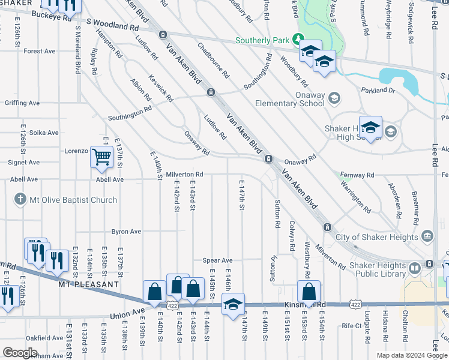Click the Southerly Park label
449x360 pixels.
(262, 41)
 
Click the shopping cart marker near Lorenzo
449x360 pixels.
(101, 157)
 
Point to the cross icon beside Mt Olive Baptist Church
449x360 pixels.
(20, 200)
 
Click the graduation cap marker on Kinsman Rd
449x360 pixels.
(233, 304)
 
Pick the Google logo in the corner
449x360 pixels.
(20, 353)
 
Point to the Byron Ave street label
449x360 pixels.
(126, 232)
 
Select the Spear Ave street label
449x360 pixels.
(217, 260)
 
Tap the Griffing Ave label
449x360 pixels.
(22, 103)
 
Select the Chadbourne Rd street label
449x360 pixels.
(213, 61)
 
